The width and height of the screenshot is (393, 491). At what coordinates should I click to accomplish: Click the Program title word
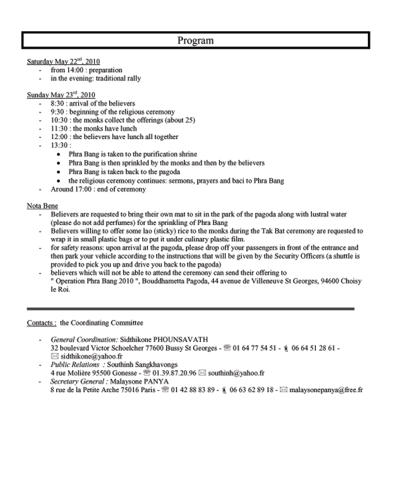pyautogui.click(x=195, y=40)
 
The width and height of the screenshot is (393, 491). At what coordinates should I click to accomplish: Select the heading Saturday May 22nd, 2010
pyautogui.click(x=63, y=62)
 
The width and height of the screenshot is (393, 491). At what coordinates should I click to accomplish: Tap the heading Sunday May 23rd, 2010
pyautogui.click(x=61, y=95)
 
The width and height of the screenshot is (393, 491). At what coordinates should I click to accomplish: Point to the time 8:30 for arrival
pyautogui.click(x=58, y=103)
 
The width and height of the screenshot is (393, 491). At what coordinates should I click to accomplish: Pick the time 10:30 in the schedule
pyautogui.click(x=59, y=120)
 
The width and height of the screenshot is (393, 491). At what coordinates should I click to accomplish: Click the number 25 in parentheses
pyautogui.click(x=188, y=120)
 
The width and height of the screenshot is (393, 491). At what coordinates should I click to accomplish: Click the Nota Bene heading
pyautogui.click(x=42, y=206)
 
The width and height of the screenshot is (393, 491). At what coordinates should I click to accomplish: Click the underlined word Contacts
pyautogui.click(x=41, y=323)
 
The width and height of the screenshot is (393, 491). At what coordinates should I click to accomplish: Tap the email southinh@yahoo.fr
pyautogui.click(x=236, y=373)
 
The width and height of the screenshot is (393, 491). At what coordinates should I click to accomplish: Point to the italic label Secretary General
pyautogui.click(x=79, y=381)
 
